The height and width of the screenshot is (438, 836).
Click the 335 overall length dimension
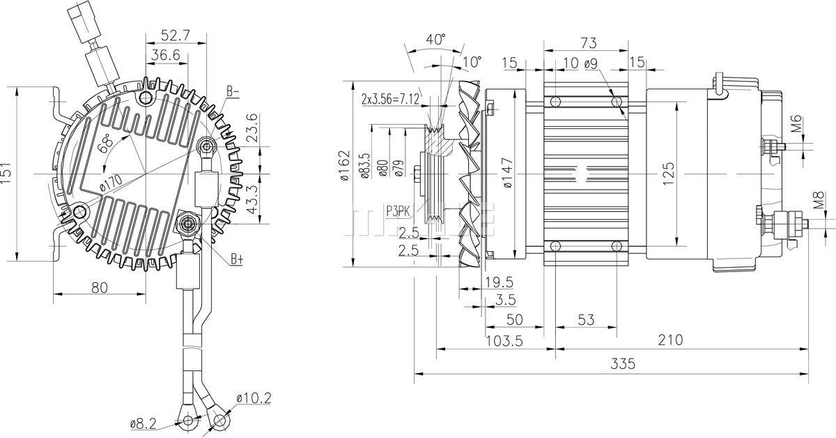623,363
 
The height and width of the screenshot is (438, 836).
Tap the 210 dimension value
670,340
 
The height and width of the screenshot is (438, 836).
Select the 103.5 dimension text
504,341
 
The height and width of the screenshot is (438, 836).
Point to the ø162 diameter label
345,165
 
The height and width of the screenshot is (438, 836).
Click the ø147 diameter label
508,172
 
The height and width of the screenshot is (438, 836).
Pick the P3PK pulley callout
398,211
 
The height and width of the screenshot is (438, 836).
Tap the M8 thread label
818,200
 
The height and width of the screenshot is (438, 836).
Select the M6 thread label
796,123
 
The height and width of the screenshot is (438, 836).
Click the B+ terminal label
237,259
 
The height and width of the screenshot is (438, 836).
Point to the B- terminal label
233,91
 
